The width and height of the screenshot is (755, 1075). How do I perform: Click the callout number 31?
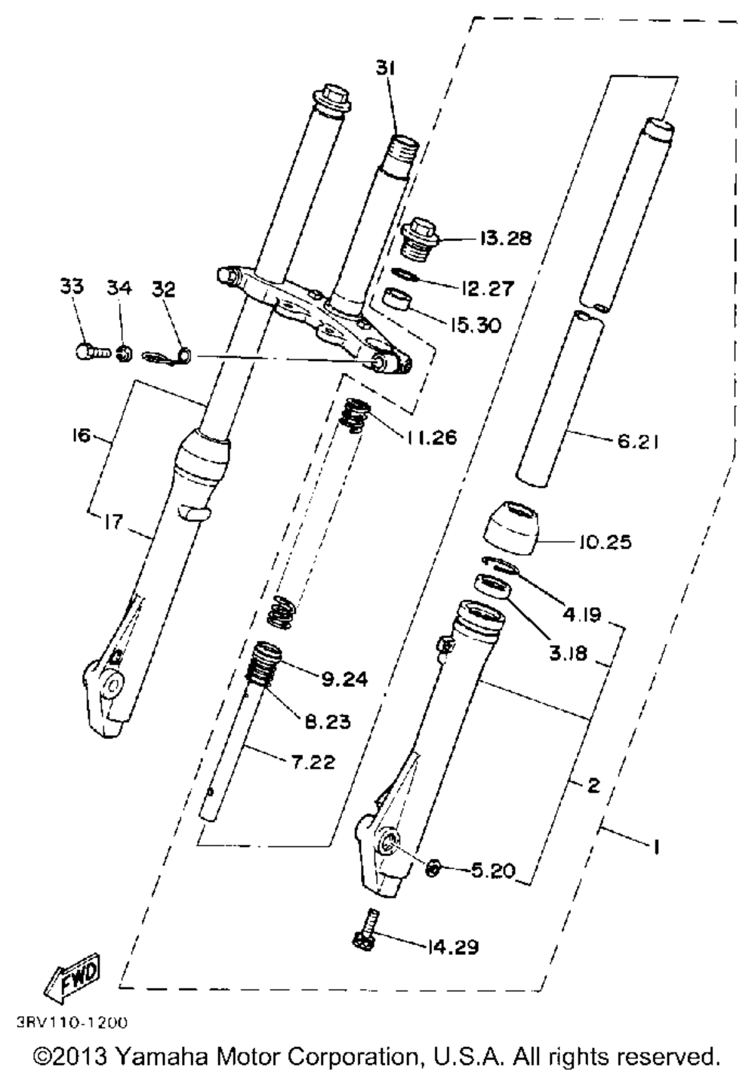click(x=387, y=68)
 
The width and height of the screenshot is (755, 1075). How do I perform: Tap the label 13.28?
click(x=504, y=239)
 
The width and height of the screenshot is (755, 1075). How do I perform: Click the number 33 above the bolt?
click(x=72, y=287)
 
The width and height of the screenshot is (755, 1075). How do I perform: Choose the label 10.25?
click(x=606, y=542)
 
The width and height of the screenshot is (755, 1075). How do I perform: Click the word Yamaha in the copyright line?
click(x=162, y=1055)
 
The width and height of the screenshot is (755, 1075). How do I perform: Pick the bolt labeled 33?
click(x=91, y=350)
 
